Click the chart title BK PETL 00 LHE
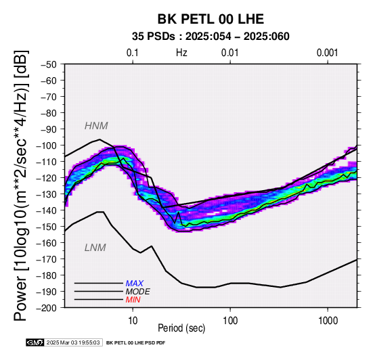[211, 19]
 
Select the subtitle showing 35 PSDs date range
[211, 37]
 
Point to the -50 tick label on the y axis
[48, 64]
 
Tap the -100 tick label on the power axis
[46, 145]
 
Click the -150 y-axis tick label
[46, 227]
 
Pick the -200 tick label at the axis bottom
[46, 308]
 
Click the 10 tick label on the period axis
[133, 321]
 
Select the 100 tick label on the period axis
[230, 321]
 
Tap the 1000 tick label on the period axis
[328, 321]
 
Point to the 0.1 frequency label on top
[133, 53]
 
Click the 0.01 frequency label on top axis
[230, 53]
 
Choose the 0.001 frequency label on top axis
[327, 53]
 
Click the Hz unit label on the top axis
[181, 53]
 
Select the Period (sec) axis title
[181, 328]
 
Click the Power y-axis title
[21, 185]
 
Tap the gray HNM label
[96, 126]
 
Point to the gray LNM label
[95, 248]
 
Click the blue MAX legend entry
[135, 284]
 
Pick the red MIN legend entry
[133, 300]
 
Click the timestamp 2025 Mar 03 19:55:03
[73, 343]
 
